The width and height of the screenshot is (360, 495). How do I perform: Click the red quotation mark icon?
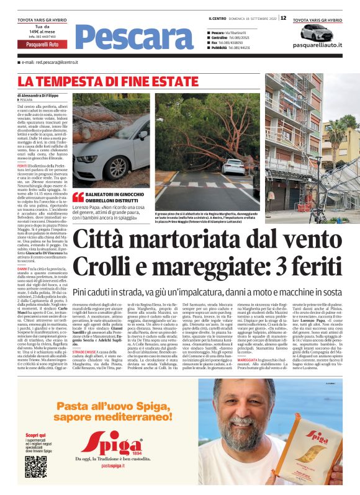[x=78, y=197]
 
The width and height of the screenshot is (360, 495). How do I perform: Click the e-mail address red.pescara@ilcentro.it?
[x=50, y=63]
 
